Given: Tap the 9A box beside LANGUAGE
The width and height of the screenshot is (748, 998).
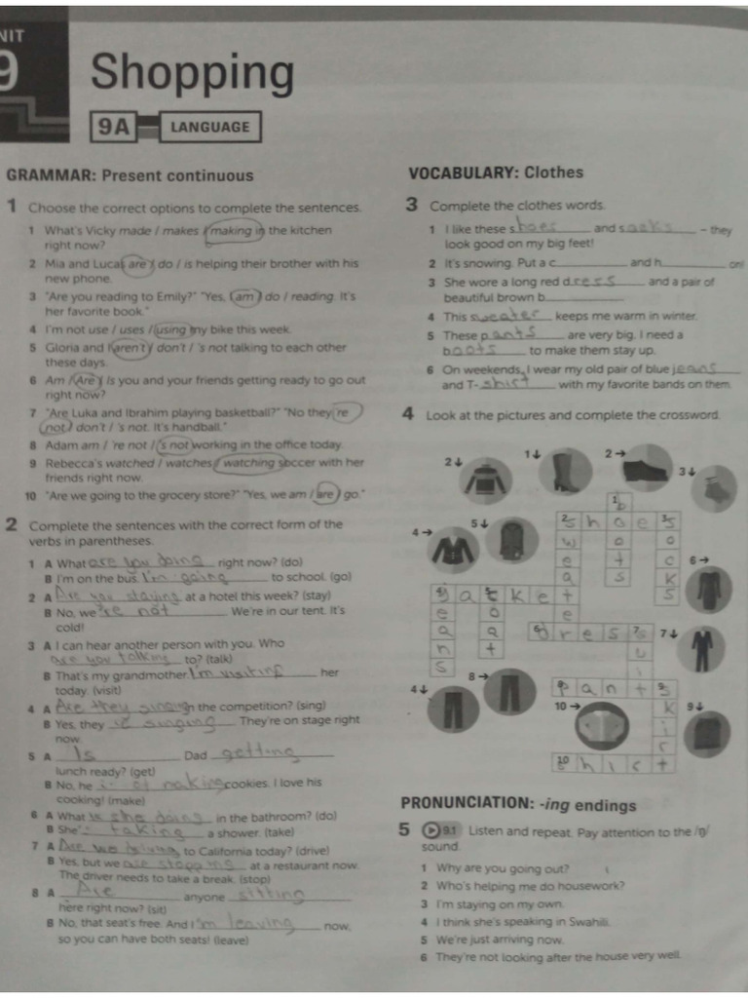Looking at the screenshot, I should coord(113,127).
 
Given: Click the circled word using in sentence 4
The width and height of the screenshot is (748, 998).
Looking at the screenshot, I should coord(171,329).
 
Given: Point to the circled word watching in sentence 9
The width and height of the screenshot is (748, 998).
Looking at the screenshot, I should coord(247,462).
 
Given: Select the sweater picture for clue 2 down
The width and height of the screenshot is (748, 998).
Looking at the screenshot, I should coord(484,480).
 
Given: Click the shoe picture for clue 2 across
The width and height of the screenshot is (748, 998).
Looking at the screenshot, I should coord(646,469).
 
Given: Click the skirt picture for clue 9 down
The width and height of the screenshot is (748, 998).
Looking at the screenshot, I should coord(707,734).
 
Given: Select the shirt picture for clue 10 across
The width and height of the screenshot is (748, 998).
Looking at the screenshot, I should coord(602,727).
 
